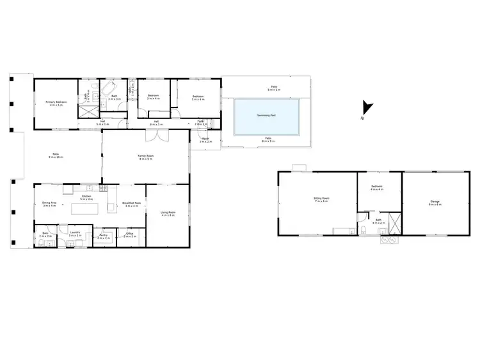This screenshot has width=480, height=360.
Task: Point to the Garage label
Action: [x=435, y=203]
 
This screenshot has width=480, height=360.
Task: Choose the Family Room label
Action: [x=146, y=157]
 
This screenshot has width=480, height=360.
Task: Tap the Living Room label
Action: [x=168, y=214]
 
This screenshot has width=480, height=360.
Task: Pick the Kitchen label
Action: [x=86, y=198]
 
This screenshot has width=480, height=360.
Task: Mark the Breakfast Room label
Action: [x=132, y=205]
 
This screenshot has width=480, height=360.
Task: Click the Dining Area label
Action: [x=49, y=204]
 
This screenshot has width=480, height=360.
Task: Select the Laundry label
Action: [x=76, y=235]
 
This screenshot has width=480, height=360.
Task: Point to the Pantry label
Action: [x=104, y=237]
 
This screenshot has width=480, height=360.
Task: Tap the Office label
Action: [x=129, y=235]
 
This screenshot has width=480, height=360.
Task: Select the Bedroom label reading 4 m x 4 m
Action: [x=376, y=189]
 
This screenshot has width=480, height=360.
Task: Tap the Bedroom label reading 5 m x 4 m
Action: [x=198, y=98]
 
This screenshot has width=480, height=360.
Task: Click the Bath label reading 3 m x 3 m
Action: [x=114, y=98]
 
